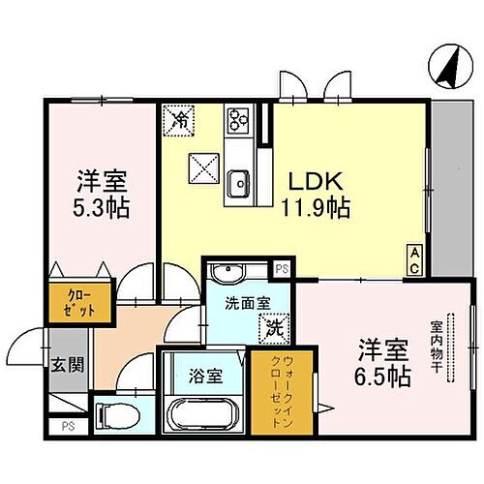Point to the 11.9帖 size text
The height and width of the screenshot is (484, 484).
point(310,207)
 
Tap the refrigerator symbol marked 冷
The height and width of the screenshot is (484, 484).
point(180,120)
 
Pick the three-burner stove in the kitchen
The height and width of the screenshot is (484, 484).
point(238,121)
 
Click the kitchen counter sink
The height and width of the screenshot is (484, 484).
point(237,180)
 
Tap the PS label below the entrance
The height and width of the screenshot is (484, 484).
point(67,425)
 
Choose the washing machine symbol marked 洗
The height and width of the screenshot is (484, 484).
point(273,327)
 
